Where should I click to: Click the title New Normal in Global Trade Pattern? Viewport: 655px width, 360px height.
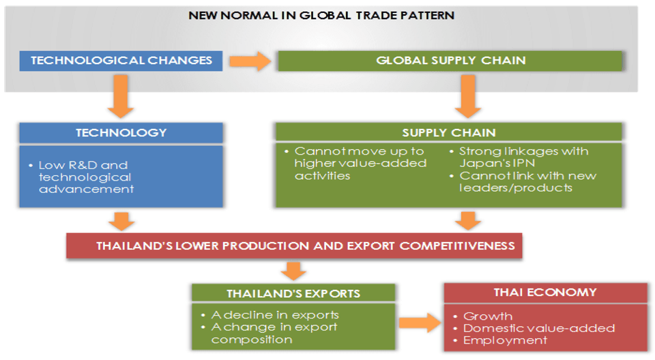coord(321,16)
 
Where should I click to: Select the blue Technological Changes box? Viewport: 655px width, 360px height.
coord(121,61)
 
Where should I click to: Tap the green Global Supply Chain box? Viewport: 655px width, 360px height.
coord(450,61)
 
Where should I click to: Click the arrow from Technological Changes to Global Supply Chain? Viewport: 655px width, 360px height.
coord(250,61)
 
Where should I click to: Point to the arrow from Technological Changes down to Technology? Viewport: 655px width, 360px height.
coord(121,96)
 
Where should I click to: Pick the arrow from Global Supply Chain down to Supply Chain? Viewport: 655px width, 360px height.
coord(468,96)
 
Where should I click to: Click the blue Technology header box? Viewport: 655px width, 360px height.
coord(121,133)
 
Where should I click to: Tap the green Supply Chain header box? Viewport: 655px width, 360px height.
coord(449,132)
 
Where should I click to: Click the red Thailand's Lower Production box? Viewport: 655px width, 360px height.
coord(294,245)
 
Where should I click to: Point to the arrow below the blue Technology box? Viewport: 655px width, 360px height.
coord(121,221)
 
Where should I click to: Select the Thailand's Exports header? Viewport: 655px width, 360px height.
coord(293,293)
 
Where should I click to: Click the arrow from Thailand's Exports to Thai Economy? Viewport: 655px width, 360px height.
coord(420,322)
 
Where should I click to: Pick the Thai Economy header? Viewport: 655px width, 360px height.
coord(545,292)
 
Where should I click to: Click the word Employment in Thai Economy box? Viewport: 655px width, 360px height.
coord(505,340)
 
